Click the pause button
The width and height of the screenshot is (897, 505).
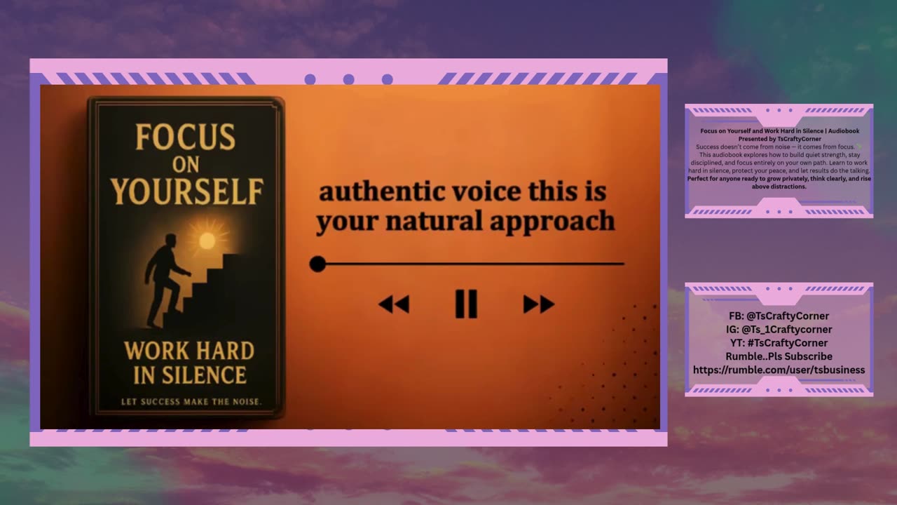click(x=466, y=304)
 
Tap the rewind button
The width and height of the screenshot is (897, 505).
click(x=394, y=304)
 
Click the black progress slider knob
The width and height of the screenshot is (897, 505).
click(x=317, y=264)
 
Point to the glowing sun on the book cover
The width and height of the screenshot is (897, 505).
click(x=207, y=241)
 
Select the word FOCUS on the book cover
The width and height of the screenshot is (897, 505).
click(x=185, y=137)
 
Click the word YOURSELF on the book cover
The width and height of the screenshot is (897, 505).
click(x=186, y=191)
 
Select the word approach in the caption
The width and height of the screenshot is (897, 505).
click(x=561, y=222)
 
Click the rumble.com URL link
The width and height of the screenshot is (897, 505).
click(x=779, y=370)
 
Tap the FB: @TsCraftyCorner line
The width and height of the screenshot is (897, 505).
click(x=779, y=316)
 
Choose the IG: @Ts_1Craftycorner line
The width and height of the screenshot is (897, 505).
click(x=779, y=329)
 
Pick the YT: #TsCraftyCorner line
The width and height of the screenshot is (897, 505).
click(x=779, y=342)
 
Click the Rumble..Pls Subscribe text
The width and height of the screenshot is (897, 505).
click(x=779, y=356)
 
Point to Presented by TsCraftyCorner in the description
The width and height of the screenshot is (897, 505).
click(x=779, y=139)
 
